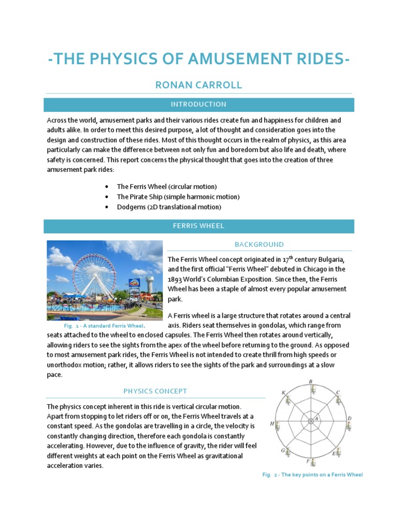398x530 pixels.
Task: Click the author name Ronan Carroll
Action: pyautogui.click(x=198, y=85)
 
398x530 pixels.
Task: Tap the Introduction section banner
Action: pyautogui.click(x=198, y=105)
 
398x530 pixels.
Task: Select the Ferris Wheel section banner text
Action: pyautogui.click(x=198, y=226)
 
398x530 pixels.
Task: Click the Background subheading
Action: pyautogui.click(x=259, y=244)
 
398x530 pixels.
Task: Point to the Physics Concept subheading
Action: pyautogui.click(x=155, y=391)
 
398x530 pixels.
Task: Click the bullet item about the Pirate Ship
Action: pyautogui.click(x=178, y=197)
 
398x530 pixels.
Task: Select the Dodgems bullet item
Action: pyautogui.click(x=169, y=207)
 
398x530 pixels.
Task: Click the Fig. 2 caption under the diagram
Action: pyautogui.click(x=312, y=475)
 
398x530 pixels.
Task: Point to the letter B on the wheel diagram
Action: pyautogui.click(x=310, y=382)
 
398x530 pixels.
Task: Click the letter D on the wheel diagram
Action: pyautogui.click(x=349, y=418)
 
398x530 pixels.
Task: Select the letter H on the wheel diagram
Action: pyautogui.click(x=272, y=423)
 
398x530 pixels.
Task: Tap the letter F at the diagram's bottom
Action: pyautogui.click(x=308, y=461)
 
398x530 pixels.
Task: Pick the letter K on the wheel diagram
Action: pyautogui.click(x=283, y=393)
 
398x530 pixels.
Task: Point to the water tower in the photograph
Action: pyautogui.click(x=150, y=282)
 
